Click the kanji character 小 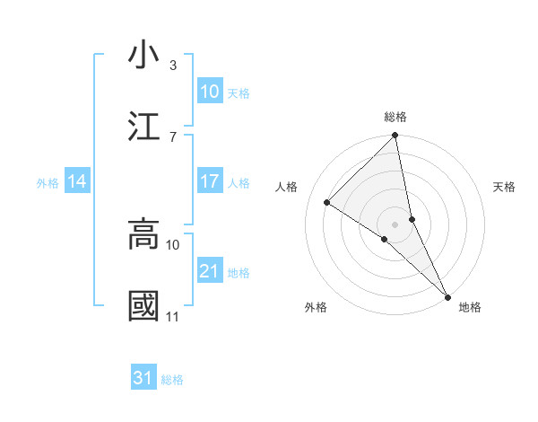(x=144, y=56)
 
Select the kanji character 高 (x=144, y=233)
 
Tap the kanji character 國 (x=144, y=305)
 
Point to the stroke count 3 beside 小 (x=173, y=66)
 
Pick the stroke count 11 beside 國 (x=172, y=317)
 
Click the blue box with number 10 (x=210, y=91)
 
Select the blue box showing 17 (x=210, y=181)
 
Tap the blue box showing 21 (x=210, y=271)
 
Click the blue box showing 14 (x=78, y=181)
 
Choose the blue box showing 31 (x=143, y=378)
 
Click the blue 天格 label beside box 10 (x=239, y=92)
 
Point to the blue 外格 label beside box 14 (x=48, y=183)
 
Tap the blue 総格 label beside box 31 (x=172, y=380)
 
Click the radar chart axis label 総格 (x=395, y=117)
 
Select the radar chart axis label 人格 (x=286, y=187)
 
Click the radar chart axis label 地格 (x=470, y=307)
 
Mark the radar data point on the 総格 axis (x=395, y=136)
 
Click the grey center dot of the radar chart (x=395, y=224)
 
